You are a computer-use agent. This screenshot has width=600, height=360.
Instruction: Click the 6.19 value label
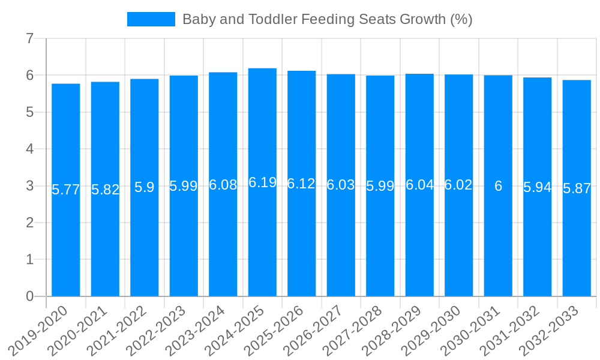click(262, 182)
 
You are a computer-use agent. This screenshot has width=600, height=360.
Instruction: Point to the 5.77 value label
click(66, 190)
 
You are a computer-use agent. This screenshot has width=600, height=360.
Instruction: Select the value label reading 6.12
click(301, 184)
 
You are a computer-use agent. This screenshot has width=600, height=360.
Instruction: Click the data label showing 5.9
click(145, 187)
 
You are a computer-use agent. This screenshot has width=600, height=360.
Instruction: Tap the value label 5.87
click(577, 188)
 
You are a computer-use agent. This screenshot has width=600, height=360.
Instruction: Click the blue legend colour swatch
click(151, 19)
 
